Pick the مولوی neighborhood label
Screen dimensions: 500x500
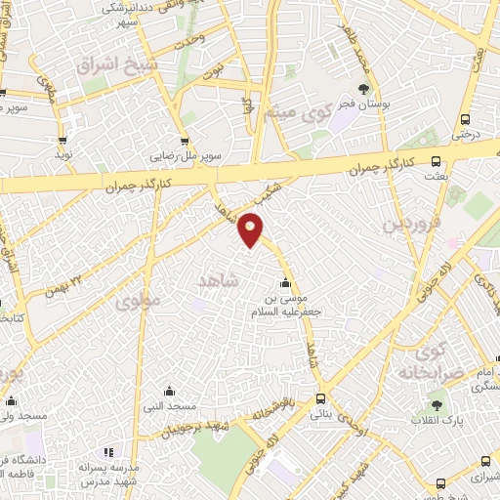pos(137,302)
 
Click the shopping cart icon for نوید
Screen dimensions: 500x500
pos(63,141)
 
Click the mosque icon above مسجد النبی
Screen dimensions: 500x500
pos(170,391)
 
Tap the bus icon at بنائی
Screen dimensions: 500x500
pos(321,397)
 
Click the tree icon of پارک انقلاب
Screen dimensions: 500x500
pos(436,405)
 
